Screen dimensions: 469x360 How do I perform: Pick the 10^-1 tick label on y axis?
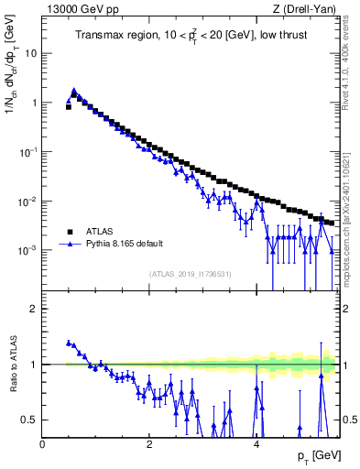[28, 151]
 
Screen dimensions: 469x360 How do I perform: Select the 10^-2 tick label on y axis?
[28, 201]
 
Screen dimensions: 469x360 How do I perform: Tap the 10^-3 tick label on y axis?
[28, 249]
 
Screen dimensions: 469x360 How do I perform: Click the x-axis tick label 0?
[43, 442]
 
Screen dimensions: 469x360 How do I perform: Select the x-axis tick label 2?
[149, 442]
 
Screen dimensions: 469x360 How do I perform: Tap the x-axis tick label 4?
[256, 442]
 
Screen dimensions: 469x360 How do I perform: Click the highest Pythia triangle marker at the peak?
[73, 91]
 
